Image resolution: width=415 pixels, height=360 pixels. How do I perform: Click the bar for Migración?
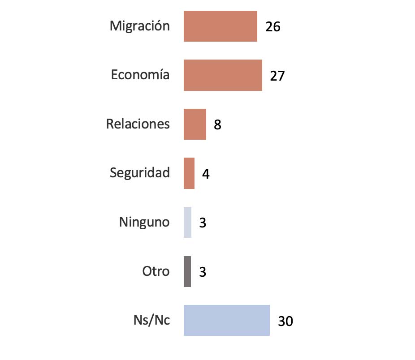tap(220, 26)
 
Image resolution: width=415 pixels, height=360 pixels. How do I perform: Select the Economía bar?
tap(223, 75)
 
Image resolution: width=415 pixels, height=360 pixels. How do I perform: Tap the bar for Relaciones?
tap(195, 124)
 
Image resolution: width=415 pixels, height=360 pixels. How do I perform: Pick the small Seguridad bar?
tap(189, 173)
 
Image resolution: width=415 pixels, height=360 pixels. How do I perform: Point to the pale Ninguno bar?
tap(187, 222)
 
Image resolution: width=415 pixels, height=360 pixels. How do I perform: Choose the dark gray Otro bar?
tap(187, 271)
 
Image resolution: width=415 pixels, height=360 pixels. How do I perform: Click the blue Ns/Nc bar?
tap(226, 320)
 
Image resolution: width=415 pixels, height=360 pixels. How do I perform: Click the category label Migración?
tap(140, 26)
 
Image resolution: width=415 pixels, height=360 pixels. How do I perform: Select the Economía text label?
tap(140, 75)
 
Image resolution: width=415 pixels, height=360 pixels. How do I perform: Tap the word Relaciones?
tap(138, 124)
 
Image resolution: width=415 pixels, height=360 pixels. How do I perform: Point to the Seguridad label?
tap(140, 173)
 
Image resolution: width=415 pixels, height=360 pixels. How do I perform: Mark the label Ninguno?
tap(144, 222)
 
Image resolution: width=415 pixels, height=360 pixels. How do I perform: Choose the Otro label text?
tap(156, 271)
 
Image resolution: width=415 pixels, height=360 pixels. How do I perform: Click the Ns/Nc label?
tap(151, 321)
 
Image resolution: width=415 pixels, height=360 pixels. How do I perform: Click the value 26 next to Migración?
tap(272, 27)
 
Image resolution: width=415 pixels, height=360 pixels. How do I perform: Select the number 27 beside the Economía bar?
tap(277, 76)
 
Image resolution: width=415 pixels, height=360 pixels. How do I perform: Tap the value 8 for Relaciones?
tap(217, 125)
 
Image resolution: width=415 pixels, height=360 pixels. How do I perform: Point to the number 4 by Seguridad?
tap(206, 174)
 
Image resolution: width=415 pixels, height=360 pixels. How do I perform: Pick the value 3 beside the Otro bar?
tap(203, 272)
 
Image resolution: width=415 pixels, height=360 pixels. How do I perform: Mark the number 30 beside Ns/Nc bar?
tap(285, 321)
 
